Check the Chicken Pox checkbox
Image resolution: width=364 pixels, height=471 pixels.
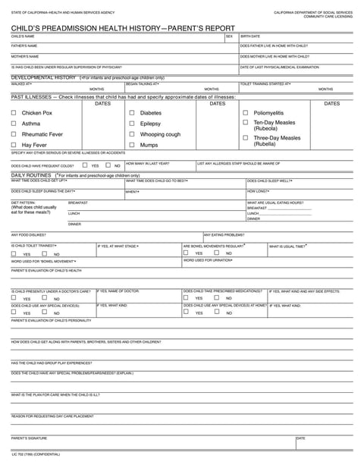click(14, 112)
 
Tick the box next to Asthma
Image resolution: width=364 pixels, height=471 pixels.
click(14, 123)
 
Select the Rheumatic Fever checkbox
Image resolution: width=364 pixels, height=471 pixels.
click(14, 133)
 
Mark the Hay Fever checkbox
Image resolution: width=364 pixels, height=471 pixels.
click(14, 144)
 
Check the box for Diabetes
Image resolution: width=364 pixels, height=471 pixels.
click(132, 112)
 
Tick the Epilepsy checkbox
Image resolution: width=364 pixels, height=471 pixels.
click(132, 123)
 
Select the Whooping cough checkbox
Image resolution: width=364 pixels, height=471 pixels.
click(132, 133)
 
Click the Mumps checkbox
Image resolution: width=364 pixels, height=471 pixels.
click(132, 144)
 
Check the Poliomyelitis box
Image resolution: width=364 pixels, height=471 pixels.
click(245, 112)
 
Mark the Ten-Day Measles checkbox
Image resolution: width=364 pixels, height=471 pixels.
click(245, 122)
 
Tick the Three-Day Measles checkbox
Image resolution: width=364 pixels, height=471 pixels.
click(245, 138)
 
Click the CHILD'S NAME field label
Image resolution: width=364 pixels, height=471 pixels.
click(23, 36)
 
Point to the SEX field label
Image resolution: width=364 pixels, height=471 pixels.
click(229, 36)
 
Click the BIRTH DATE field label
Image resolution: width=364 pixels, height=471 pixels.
click(250, 36)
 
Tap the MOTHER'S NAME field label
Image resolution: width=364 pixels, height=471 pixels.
click(25, 56)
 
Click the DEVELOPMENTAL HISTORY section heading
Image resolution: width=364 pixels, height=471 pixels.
click(43, 77)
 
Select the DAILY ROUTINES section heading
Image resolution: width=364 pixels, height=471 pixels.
click(30, 175)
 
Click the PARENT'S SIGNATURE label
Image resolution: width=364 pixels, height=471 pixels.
click(29, 438)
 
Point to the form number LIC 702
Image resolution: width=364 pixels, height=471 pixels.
click(20, 454)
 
